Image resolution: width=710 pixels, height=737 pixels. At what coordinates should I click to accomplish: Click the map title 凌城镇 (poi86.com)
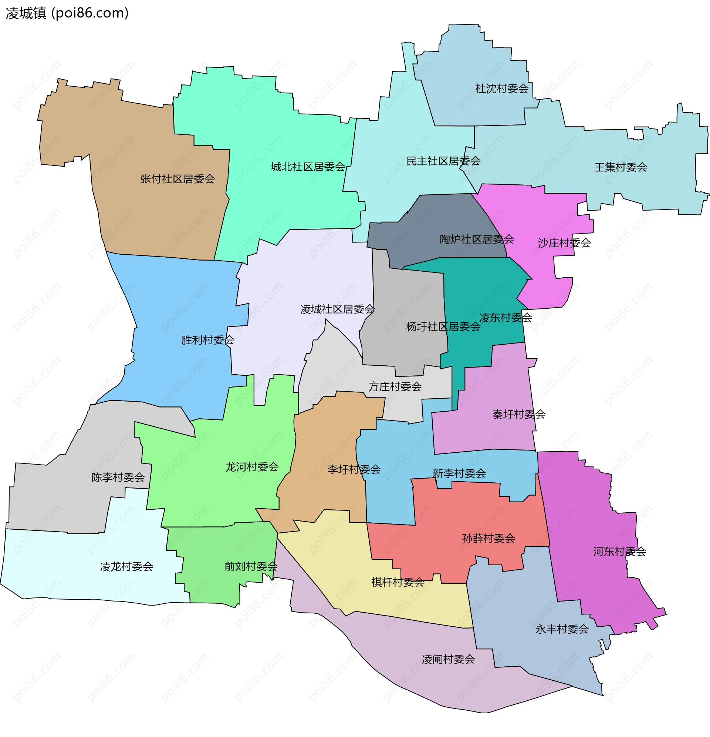[67, 13]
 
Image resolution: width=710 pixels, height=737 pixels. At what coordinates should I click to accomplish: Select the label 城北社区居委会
[308, 167]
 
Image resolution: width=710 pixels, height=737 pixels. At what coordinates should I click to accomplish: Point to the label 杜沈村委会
[501, 89]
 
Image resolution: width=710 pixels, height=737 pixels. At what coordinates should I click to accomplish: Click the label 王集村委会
[620, 167]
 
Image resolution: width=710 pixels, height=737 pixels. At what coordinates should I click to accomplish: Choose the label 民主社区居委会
[443, 161]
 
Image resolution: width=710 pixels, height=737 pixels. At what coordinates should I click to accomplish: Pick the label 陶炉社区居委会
[476, 239]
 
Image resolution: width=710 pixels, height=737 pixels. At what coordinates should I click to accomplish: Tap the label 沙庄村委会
[564, 243]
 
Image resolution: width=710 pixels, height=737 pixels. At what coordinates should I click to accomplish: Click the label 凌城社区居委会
[337, 309]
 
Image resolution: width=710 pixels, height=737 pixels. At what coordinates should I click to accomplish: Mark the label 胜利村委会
[207, 340]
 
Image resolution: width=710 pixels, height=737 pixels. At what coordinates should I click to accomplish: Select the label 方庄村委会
[395, 386]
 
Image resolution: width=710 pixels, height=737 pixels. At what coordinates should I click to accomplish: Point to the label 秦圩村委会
[518, 415]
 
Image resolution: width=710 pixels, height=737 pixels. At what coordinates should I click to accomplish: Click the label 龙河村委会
[252, 468]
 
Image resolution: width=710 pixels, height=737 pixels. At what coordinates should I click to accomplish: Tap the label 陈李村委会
[118, 478]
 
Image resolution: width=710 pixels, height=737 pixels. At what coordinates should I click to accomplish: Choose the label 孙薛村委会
[488, 539]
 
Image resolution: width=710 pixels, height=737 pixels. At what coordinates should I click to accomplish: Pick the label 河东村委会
[619, 552]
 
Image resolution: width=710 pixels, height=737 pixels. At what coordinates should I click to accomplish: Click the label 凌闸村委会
[448, 660]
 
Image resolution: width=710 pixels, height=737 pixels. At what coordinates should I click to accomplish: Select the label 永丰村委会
[562, 629]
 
